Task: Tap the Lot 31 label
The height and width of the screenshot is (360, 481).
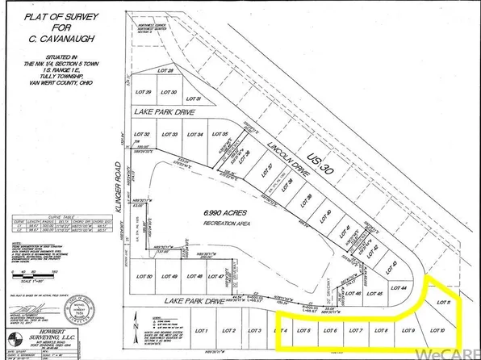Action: tap(193, 98)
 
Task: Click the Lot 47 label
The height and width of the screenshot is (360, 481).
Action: tap(215, 277)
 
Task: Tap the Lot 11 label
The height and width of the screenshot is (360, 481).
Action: tap(443, 301)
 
